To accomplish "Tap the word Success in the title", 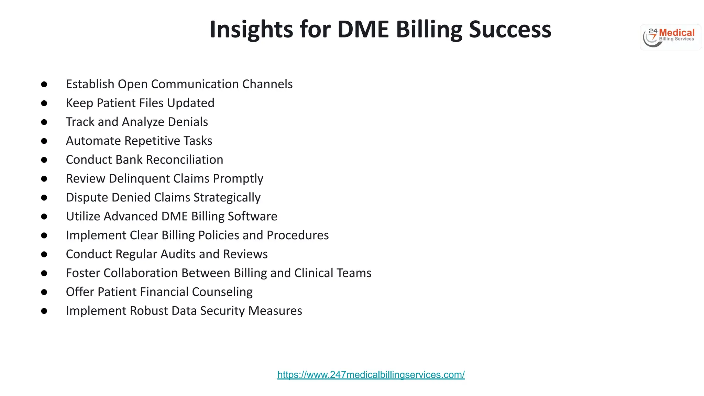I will point(510,30).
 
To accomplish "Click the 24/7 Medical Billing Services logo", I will point(670,37).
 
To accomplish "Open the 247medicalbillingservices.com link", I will point(371,375).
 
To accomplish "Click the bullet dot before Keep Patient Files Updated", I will point(44,103).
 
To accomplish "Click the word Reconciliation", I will point(185,160).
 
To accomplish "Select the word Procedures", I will point(298,235).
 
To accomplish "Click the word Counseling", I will point(222,292).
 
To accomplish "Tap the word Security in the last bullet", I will point(222,311).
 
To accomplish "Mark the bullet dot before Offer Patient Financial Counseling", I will point(44,292).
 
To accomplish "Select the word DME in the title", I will point(363,30).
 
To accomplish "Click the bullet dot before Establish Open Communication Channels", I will point(44,84).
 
